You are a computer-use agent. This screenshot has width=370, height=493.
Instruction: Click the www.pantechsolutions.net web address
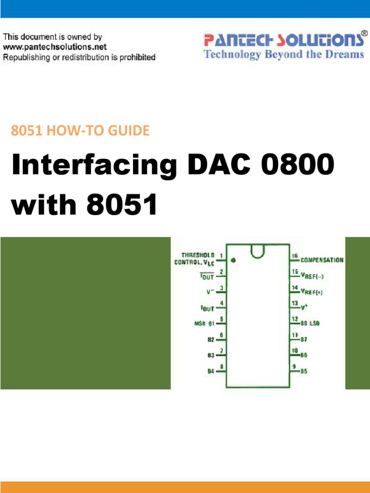click(55, 47)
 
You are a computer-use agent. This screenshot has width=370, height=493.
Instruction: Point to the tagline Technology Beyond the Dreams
click(284, 54)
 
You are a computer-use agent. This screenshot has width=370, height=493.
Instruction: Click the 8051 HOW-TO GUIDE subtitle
click(79, 130)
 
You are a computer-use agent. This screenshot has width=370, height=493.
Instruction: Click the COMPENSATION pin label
click(322, 260)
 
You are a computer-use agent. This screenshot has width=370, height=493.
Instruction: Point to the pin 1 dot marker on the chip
click(233, 260)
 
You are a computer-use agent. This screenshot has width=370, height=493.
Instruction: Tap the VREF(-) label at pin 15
click(314, 276)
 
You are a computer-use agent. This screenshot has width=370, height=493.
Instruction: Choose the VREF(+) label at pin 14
click(314, 292)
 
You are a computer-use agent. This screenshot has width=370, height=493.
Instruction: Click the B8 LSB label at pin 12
click(310, 323)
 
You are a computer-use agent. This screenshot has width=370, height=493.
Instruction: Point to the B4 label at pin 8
click(211, 371)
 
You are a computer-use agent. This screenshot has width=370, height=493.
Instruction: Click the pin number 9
click(293, 366)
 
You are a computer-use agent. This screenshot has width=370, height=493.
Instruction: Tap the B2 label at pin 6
click(211, 339)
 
